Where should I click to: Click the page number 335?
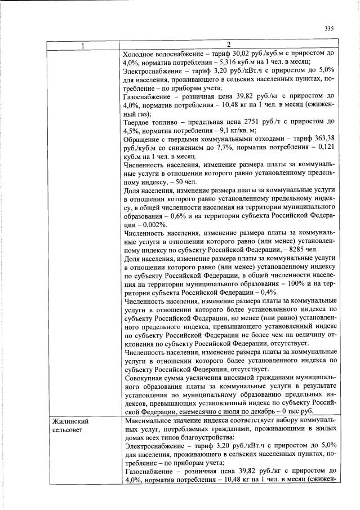(330, 29)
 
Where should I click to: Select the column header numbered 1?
(83, 45)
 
